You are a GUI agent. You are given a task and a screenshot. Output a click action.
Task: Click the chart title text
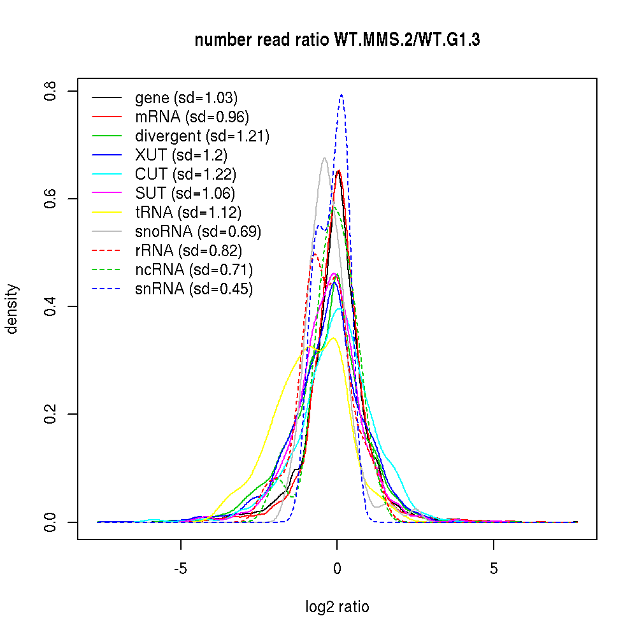337,41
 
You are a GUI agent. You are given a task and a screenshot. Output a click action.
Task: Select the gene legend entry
186,98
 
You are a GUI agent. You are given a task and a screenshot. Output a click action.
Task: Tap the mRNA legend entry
192,117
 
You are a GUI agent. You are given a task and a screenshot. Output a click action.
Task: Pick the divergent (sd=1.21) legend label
202,136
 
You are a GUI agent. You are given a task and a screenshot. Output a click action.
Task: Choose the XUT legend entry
181,155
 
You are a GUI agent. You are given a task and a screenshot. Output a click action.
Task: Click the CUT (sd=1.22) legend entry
186,175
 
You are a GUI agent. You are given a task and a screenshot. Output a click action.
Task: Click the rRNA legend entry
189,251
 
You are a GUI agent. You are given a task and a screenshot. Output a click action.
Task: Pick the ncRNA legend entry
194,270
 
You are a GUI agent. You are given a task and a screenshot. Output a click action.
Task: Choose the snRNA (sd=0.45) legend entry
194,289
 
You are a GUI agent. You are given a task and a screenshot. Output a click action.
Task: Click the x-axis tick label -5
181,568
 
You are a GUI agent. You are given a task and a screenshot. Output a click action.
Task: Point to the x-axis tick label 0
337,568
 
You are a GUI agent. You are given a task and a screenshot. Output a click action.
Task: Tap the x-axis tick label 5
494,568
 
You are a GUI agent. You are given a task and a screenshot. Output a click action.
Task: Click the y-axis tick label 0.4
51,306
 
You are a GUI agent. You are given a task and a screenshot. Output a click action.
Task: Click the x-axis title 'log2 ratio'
337,607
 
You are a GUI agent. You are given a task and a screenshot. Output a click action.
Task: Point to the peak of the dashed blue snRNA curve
342,95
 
